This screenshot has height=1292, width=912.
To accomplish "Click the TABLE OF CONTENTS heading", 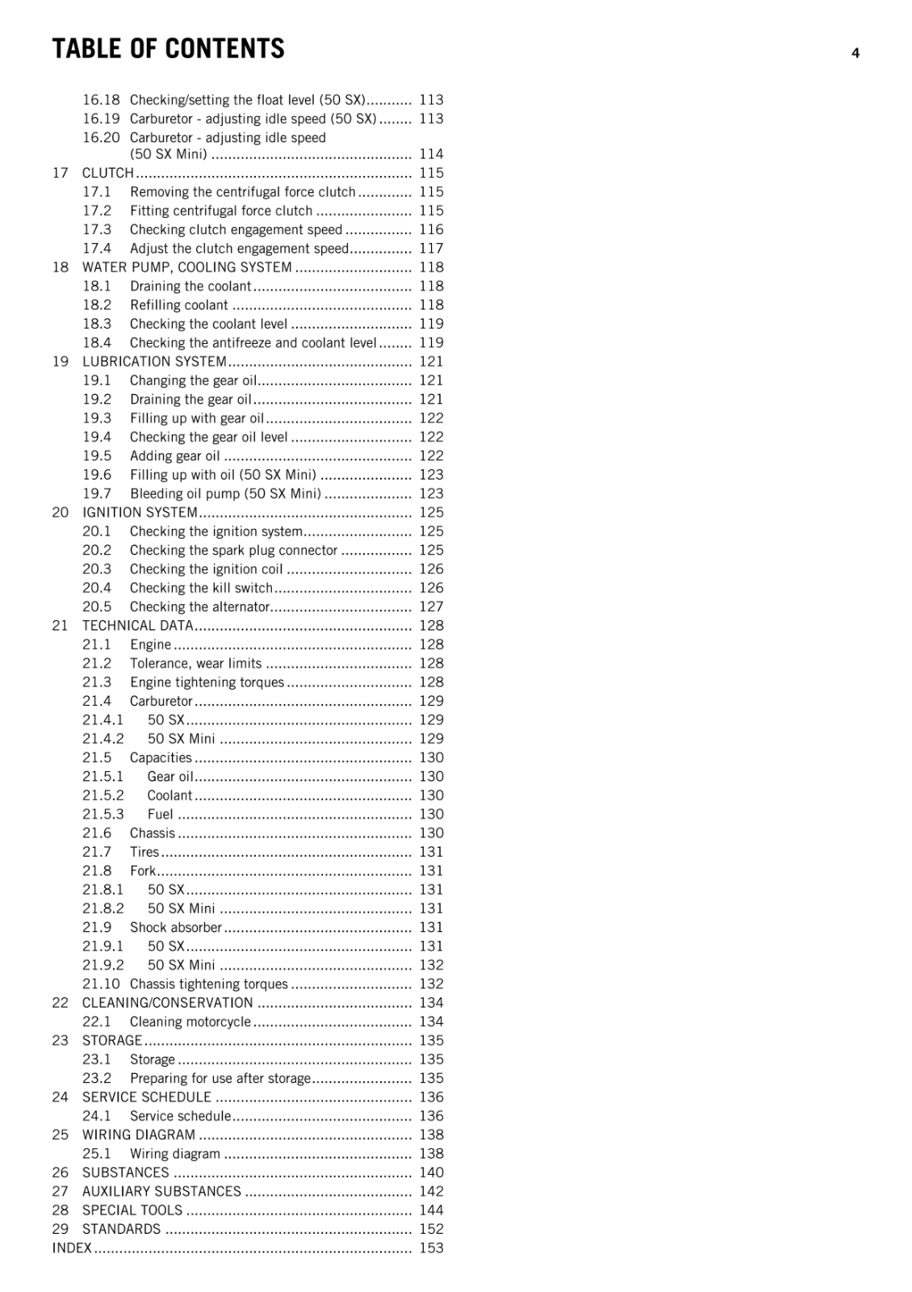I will [x=168, y=49].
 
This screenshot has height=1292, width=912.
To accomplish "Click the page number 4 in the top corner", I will [x=856, y=54].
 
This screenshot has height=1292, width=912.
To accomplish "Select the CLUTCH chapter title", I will [x=107, y=173].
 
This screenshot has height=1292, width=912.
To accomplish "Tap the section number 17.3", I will [x=97, y=229].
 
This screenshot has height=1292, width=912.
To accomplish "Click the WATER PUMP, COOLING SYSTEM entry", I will [x=186, y=267].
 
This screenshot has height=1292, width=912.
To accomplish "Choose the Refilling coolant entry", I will [x=179, y=305].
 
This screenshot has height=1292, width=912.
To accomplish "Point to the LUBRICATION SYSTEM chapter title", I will [x=154, y=362].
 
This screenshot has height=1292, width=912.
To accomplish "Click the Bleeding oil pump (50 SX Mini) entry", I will [x=225, y=493].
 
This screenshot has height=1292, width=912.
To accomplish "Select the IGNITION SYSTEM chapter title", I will [x=140, y=513].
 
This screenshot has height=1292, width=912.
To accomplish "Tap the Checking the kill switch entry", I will [x=201, y=588].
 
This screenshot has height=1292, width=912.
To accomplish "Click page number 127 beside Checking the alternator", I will [x=431, y=607].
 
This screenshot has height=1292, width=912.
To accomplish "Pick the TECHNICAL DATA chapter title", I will [x=138, y=626].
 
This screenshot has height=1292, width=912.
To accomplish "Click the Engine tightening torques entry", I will [x=207, y=682].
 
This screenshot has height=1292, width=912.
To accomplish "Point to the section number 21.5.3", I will [x=103, y=814].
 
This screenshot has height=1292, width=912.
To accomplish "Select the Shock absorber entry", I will [x=176, y=928].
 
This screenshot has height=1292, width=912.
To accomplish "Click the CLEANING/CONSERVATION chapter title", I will [x=167, y=1003].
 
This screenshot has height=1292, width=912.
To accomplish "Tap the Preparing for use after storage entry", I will [x=220, y=1078].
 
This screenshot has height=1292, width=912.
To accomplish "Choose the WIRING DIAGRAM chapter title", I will [x=139, y=1135].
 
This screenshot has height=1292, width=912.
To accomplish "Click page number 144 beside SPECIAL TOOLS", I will [x=431, y=1210].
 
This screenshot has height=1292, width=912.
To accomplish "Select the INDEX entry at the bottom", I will [x=72, y=1248].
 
